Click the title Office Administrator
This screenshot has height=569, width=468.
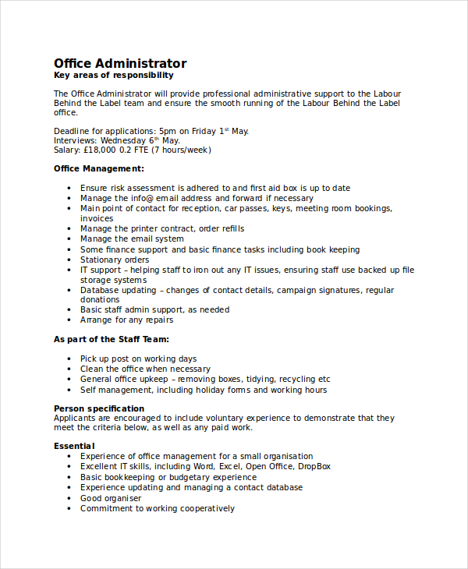tap(120, 63)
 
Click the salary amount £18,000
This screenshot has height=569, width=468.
tap(100, 150)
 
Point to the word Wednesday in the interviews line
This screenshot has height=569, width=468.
tap(128, 140)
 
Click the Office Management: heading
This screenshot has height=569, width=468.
tap(98, 168)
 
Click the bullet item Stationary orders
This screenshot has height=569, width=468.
tap(114, 260)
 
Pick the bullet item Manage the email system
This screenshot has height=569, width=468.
tap(132, 239)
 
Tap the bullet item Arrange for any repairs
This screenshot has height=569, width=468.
tap(126, 320)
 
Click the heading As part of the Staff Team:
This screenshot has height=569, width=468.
tap(112, 339)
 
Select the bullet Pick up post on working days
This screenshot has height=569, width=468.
tap(138, 359)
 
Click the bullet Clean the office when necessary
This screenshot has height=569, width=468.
tap(145, 369)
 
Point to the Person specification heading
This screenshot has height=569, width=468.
tap(99, 408)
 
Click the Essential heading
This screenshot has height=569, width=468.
tap(74, 446)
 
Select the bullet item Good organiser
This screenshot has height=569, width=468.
tap(111, 498)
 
